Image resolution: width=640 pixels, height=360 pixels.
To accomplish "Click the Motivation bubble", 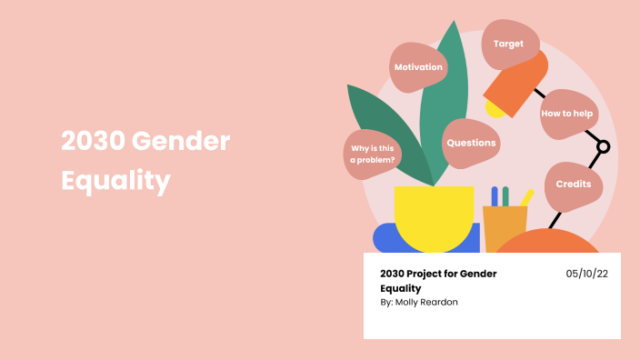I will [418, 67].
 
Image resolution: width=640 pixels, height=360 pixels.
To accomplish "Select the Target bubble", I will [508, 44].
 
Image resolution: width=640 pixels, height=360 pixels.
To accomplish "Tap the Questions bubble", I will [471, 143].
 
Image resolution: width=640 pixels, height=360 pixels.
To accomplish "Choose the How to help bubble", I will [568, 115].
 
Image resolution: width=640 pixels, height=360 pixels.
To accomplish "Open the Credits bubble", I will [574, 184].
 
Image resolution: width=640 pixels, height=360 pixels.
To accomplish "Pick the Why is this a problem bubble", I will [373, 153].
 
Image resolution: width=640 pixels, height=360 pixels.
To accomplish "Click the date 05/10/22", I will [585, 273].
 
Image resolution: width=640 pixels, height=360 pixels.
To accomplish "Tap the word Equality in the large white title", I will [115, 181].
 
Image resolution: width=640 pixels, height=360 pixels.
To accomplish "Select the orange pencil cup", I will [505, 227].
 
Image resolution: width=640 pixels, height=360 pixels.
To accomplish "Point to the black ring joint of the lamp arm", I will [602, 145].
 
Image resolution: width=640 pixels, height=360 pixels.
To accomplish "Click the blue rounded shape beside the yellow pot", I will [386, 238].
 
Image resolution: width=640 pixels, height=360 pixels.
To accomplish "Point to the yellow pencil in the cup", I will [525, 197].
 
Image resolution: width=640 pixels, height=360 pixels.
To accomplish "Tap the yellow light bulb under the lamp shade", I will [495, 109].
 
